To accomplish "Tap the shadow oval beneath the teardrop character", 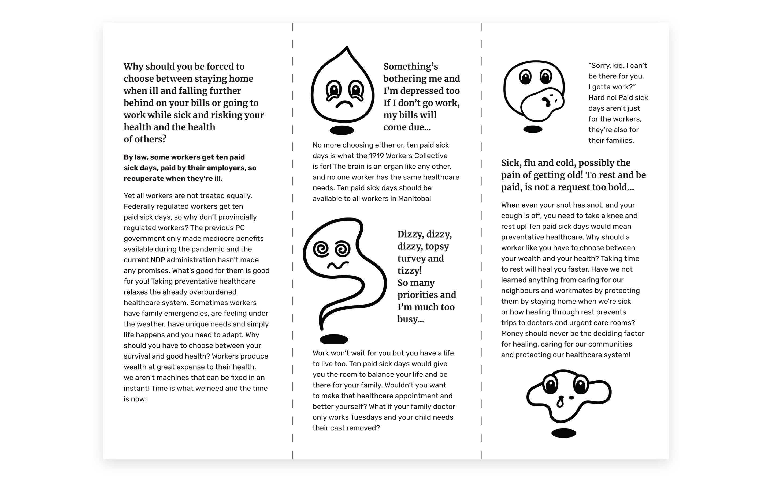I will coord(342,130).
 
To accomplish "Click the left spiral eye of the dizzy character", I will coord(321,249).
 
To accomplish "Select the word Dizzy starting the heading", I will coord(410,234).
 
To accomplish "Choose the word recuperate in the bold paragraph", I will coord(143,179).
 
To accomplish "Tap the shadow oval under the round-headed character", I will coord(533,129).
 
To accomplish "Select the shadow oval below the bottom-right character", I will coord(564,433).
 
